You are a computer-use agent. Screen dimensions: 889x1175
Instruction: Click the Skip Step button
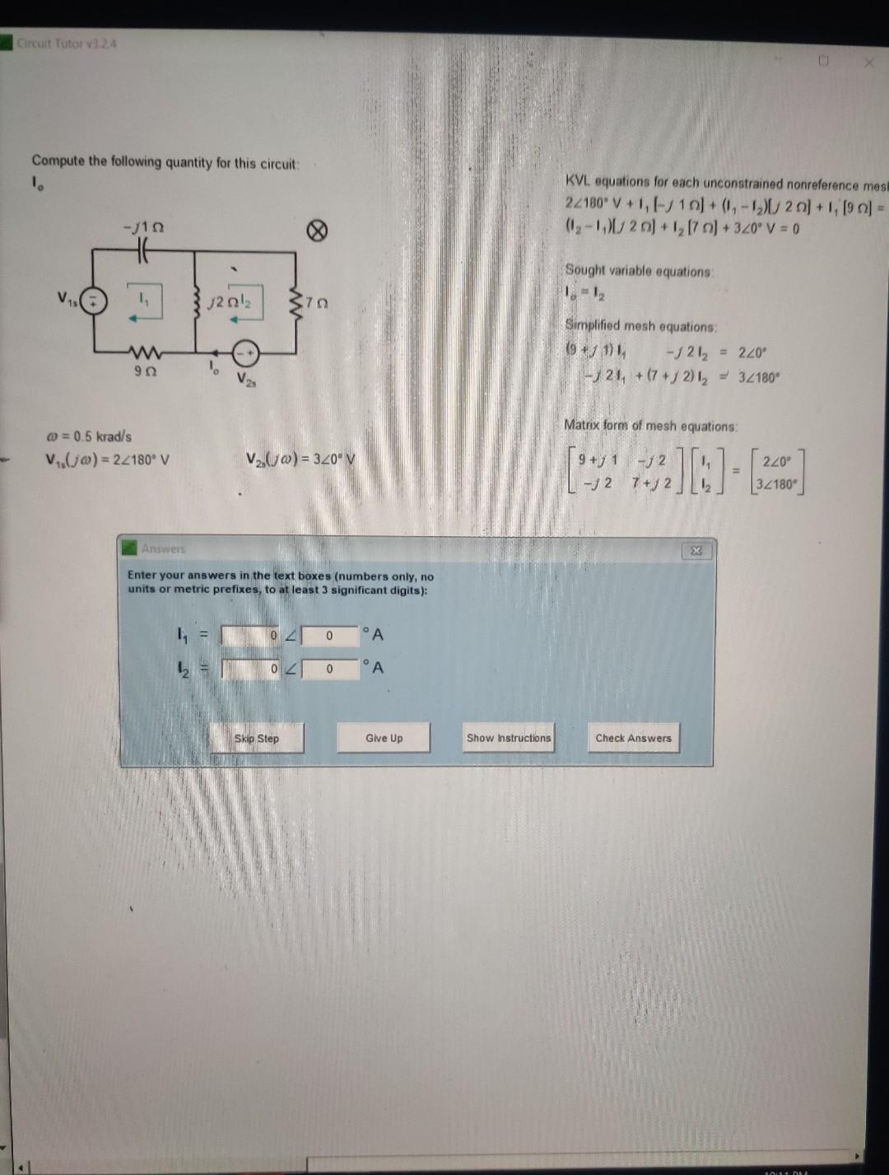pyautogui.click(x=257, y=739)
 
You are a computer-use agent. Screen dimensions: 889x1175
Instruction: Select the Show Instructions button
pyautogui.click(x=509, y=739)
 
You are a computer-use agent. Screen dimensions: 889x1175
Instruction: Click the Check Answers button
pyautogui.click(x=633, y=739)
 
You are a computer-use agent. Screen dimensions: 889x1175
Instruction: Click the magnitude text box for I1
pyautogui.click(x=250, y=636)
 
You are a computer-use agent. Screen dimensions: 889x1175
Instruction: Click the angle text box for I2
pyautogui.click(x=329, y=669)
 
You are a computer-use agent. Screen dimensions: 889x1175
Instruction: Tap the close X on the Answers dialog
pyautogui.click(x=696, y=551)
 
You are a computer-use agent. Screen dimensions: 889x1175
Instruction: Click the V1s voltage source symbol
pyautogui.click(x=95, y=300)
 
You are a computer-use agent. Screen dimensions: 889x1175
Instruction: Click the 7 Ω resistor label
pyautogui.click(x=319, y=303)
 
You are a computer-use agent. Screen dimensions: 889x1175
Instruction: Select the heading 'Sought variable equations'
pyautogui.click(x=639, y=271)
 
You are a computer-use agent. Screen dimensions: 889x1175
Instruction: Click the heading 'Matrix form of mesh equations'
pyautogui.click(x=650, y=426)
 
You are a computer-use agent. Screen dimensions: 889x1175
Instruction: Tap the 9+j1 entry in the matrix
pyautogui.click(x=598, y=460)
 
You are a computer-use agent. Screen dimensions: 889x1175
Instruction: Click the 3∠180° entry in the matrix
pyautogui.click(x=777, y=483)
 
